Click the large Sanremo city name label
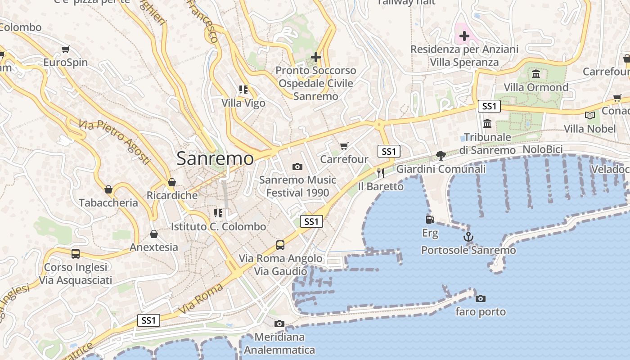coord(215,158)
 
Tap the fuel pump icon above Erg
coord(430,219)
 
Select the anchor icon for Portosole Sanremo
coord(468,236)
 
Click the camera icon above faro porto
coord(481,298)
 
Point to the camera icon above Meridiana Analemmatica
coord(279,324)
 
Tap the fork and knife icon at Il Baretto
coord(381,173)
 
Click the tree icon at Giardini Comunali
coord(441,156)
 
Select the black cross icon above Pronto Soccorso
coord(316,57)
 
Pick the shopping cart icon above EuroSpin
coord(66,49)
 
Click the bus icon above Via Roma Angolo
coord(280,245)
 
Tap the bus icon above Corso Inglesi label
coord(76,253)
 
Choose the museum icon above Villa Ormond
coord(536,74)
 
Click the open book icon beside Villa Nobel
coord(590,115)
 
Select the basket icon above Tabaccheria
coord(108,189)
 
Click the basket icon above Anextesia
coord(154,234)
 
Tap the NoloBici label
coord(543,149)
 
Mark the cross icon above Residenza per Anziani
coord(464,36)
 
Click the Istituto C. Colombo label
coord(219,226)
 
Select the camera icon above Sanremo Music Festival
coord(297,166)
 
